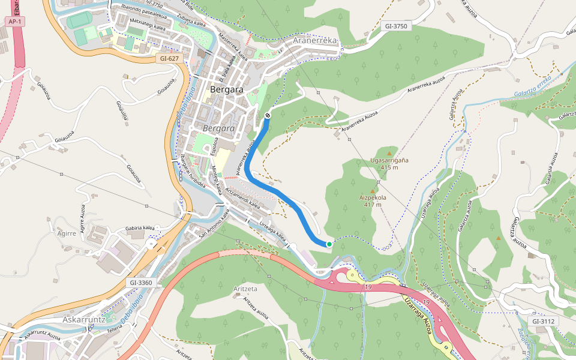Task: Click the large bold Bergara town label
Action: tap(227, 89)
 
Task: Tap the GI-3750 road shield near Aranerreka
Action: tap(396, 26)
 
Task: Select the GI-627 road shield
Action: tap(170, 59)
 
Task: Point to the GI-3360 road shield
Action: tap(141, 282)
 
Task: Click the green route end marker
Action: tap(329, 244)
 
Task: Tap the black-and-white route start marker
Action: tap(267, 115)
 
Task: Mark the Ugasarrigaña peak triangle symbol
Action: tap(389, 154)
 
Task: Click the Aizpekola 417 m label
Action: tap(373, 200)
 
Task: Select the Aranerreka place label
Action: tap(316, 40)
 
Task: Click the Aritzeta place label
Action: tap(245, 289)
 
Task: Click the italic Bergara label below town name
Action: tap(218, 129)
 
